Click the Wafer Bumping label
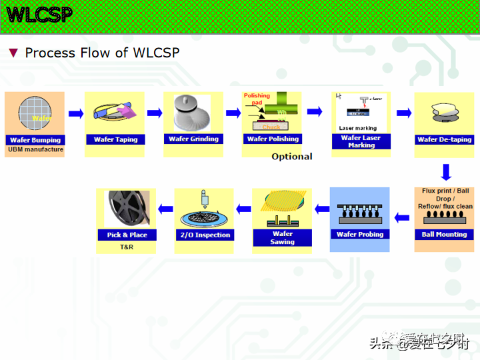[x=35, y=140]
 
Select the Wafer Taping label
[x=115, y=139]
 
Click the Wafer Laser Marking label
[x=361, y=141]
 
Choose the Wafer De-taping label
[x=444, y=139]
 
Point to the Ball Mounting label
[x=444, y=234]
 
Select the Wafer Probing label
[x=360, y=234]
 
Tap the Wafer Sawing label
[x=282, y=237]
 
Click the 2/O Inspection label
[x=205, y=235]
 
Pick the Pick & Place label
[x=127, y=235]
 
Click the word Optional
[x=291, y=157]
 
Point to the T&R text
[x=127, y=247]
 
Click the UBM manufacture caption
[x=35, y=149]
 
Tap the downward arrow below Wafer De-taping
[x=446, y=172]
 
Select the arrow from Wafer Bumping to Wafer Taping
[x=75, y=113]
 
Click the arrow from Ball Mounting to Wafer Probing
[x=401, y=217]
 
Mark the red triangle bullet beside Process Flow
[x=13, y=53]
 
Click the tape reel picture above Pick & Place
[x=127, y=208]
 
